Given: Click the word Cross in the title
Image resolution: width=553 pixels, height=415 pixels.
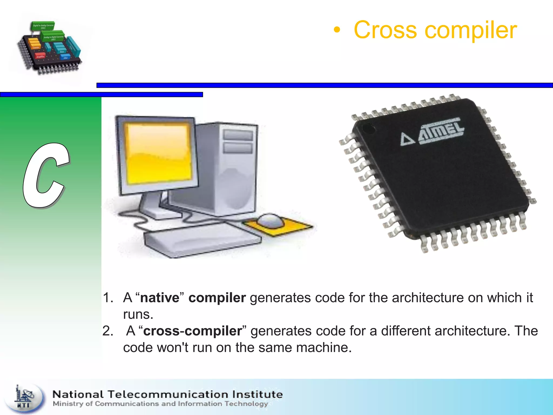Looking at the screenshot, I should [x=385, y=30].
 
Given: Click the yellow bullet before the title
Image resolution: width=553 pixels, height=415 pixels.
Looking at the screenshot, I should [x=336, y=31].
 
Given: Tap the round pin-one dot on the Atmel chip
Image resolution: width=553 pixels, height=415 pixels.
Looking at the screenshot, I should [x=368, y=128].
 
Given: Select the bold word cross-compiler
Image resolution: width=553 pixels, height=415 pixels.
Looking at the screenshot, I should [x=193, y=331].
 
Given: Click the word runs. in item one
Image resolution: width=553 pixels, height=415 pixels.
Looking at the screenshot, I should [x=138, y=314].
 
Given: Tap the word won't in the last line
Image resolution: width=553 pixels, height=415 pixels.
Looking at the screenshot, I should [x=173, y=348].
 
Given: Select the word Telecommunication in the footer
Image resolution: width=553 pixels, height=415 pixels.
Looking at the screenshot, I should [x=169, y=394].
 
